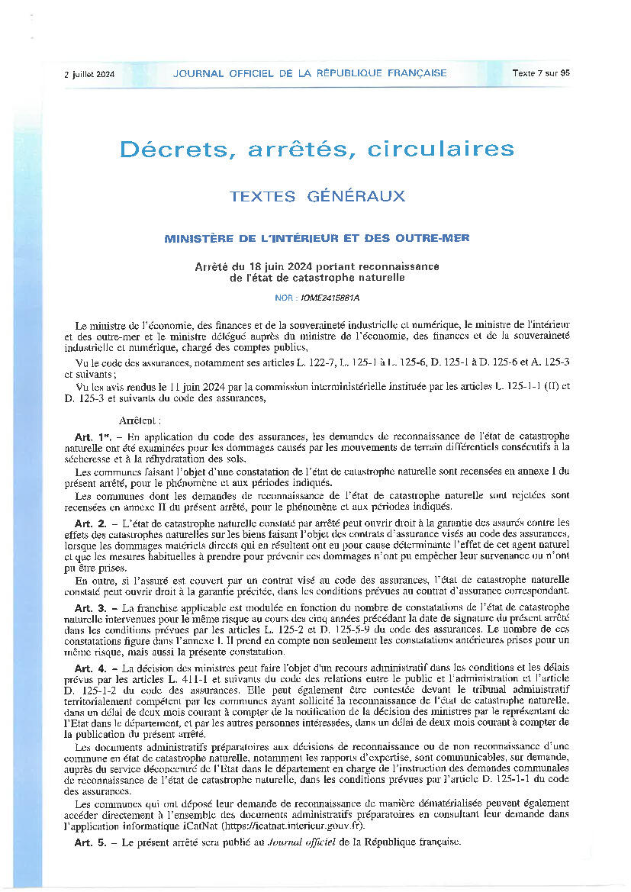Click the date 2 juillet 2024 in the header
(x=89, y=73)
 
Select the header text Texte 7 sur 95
(x=541, y=73)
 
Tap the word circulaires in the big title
(x=440, y=149)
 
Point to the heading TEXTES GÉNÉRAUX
(x=317, y=196)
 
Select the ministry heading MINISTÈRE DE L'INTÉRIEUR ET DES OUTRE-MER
(x=317, y=238)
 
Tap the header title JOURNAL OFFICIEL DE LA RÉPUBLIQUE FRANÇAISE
(x=310, y=73)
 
